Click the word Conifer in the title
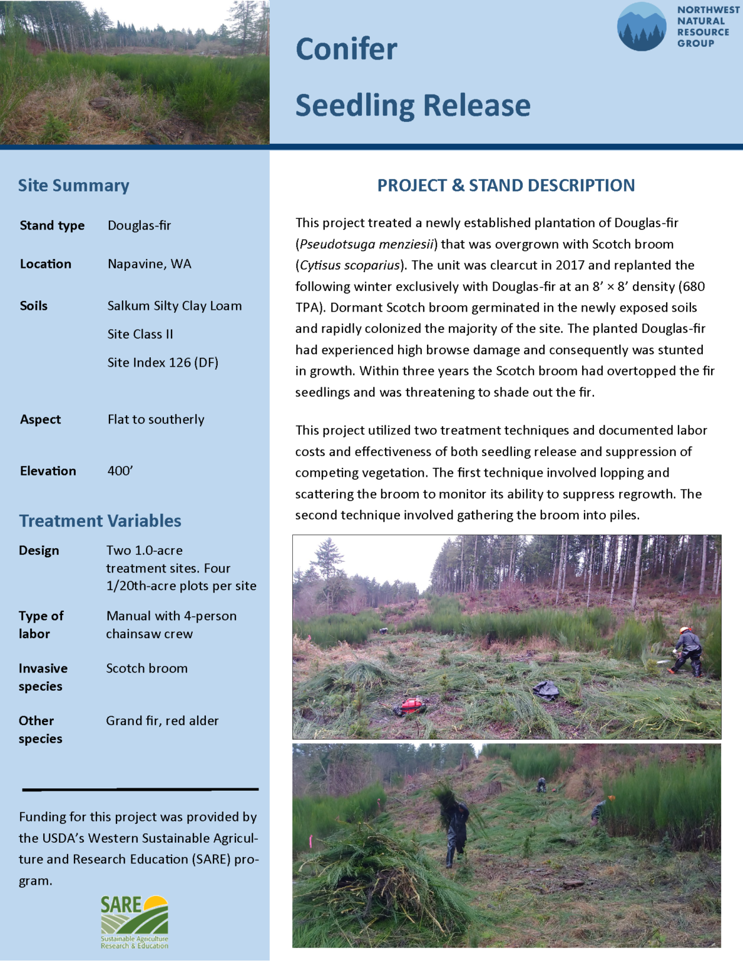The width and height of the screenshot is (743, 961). coord(346,49)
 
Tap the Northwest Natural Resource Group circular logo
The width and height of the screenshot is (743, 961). coord(641,27)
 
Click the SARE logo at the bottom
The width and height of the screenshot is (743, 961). coord(135,922)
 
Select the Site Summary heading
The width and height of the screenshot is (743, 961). coord(73,186)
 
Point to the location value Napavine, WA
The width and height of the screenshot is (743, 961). coord(150,264)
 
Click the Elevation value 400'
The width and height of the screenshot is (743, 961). coord(120,471)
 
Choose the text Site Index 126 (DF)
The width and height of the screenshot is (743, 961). coord(163,363)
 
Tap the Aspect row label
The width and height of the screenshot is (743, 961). coord(41,420)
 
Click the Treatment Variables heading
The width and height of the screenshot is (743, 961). coord(100,521)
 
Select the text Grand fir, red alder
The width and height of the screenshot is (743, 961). coord(162,721)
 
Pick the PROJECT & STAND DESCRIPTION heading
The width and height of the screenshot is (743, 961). coord(506,186)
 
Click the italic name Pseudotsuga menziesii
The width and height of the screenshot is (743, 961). coord(366,245)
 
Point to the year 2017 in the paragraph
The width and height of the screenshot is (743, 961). coord(570,265)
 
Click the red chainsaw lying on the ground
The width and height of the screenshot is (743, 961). coord(411,706)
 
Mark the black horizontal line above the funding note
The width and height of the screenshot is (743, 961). coord(140,790)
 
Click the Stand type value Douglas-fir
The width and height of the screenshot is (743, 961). coord(139,226)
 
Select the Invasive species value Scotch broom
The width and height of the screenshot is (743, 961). coord(146,668)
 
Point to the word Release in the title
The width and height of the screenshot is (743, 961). coord(475,105)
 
